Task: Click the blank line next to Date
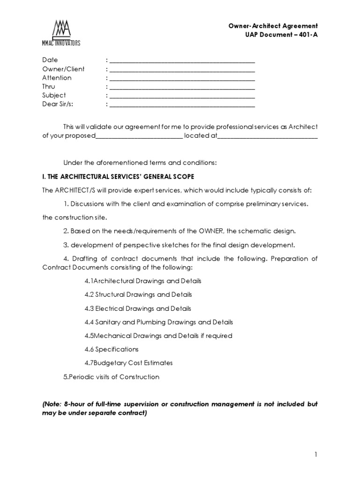tap(182, 60)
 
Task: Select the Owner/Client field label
tap(63, 69)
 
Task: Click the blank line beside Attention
tap(182, 78)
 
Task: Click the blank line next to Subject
tap(182, 96)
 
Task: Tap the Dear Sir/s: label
tap(58, 104)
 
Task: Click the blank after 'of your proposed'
tap(139, 137)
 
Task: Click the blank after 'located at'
tap(268, 137)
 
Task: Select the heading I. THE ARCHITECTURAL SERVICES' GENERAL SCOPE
tap(118, 176)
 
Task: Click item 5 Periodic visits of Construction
tap(112, 377)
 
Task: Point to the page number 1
tap(316, 454)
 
